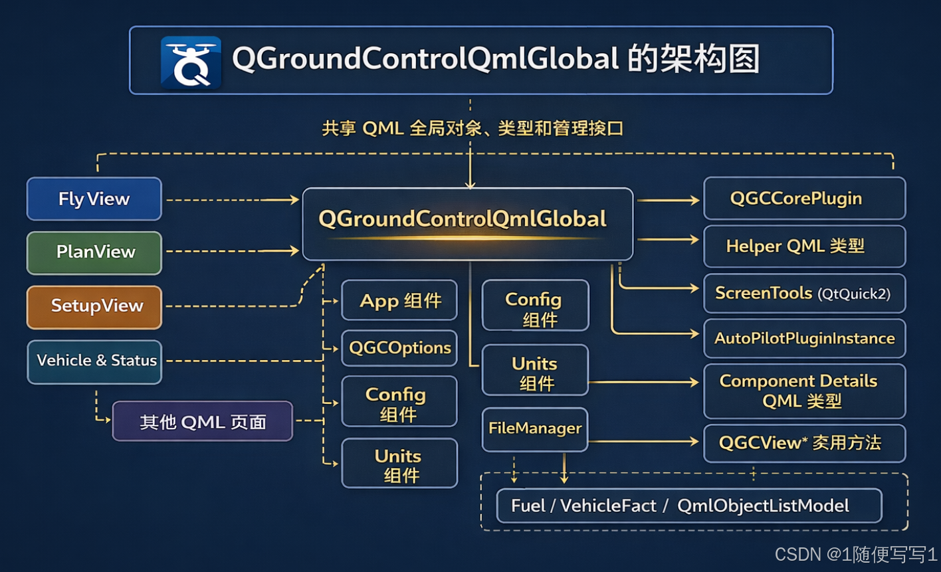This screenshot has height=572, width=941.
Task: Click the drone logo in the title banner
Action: point(191,62)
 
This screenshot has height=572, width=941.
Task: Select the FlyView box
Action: point(94,199)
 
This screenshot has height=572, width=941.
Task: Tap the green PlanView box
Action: point(94,252)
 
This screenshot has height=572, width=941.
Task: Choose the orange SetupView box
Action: point(94,306)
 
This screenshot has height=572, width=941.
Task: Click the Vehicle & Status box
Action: point(94,361)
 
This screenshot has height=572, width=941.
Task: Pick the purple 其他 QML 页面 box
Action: point(202,421)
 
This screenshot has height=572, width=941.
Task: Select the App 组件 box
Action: point(399,301)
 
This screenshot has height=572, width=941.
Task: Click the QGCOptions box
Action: point(399,347)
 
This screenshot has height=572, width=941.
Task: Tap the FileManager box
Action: point(535,429)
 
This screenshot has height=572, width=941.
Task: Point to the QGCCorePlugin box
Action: point(804,199)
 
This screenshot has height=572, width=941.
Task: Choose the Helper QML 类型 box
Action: point(804,246)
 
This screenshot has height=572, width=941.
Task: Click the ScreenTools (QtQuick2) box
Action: point(804,293)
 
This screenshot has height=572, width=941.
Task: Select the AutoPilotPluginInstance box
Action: point(804,338)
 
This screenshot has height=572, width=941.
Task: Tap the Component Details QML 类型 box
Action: point(804,391)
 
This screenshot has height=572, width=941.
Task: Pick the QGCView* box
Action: point(804,442)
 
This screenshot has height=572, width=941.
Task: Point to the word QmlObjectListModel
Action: point(763,506)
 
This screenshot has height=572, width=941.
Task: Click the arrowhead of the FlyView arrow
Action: point(294,199)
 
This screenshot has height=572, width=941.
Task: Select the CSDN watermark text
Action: point(856,554)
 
